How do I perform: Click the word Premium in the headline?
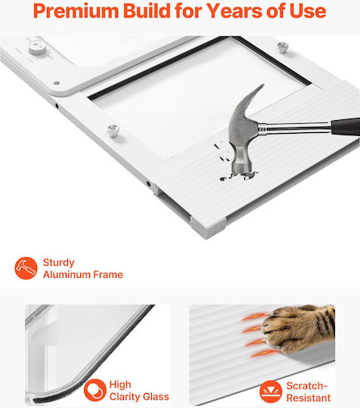click(x=76, y=11)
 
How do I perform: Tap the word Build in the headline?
click(x=147, y=11)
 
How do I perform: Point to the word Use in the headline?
click(x=308, y=11)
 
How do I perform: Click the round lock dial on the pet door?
click(x=37, y=48)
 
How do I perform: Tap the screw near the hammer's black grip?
click(x=283, y=48)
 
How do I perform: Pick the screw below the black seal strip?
click(x=113, y=131)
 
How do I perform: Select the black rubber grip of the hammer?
click(x=346, y=126)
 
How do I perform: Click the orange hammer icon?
click(x=26, y=268)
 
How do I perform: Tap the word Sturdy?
click(x=58, y=263)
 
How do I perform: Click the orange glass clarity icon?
click(x=95, y=390)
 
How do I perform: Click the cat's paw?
click(x=297, y=328)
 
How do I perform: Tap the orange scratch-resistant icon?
click(x=271, y=391)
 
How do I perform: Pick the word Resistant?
click(x=309, y=398)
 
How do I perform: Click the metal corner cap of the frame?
click(x=209, y=227)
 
